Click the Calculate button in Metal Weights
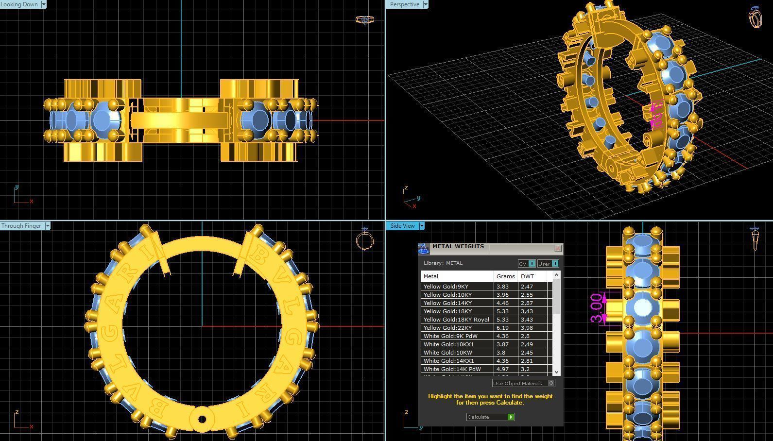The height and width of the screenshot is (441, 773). tap(490, 417)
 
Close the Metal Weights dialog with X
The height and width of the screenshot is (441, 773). tap(558, 248)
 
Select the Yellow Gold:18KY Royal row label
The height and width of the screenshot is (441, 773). tap(456, 320)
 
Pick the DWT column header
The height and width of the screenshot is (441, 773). tap(527, 276)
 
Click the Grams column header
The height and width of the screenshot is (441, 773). tap(505, 276)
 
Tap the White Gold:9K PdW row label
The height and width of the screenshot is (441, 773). tap(450, 336)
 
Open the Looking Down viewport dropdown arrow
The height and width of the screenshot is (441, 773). tap(43, 4)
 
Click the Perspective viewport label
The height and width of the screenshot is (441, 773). tap(404, 4)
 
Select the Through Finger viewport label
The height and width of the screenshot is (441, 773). tap(21, 226)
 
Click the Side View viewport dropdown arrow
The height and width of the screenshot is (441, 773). tap(422, 226)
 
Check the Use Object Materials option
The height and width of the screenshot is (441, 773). tap(551, 383)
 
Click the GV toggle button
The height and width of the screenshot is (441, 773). tap(527, 264)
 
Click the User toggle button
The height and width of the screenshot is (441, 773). tap(548, 264)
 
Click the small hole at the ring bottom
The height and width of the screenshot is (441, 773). tap(202, 419)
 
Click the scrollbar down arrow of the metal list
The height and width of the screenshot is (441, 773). tap(556, 372)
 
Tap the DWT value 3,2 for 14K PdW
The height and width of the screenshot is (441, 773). tap(525, 369)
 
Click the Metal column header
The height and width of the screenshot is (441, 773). tap(457, 276)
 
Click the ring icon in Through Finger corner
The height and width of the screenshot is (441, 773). tap(364, 238)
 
